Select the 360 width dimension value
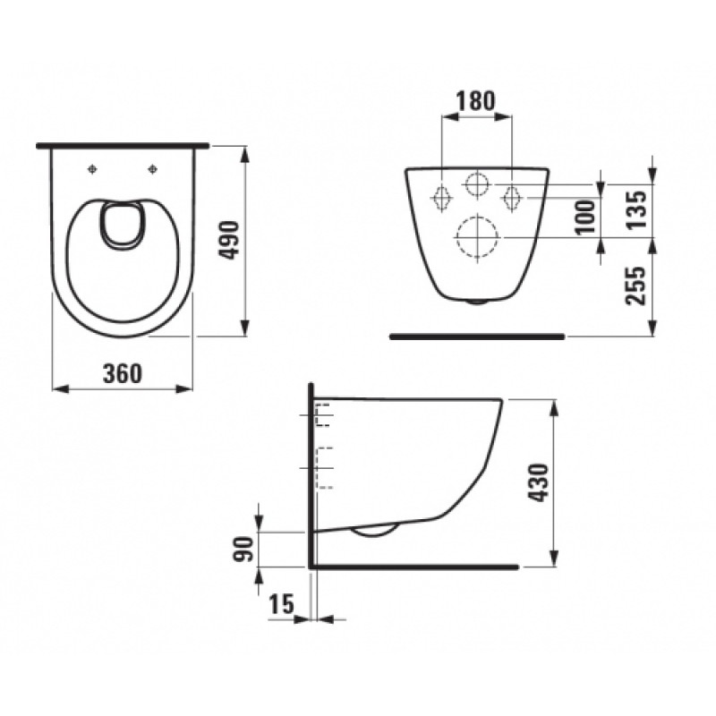123,373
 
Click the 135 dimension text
636,208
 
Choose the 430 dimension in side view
541,482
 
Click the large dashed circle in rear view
477,236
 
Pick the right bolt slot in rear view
512,196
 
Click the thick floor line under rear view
477,337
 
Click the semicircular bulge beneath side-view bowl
375,531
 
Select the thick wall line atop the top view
124,144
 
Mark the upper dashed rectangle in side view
324,415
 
